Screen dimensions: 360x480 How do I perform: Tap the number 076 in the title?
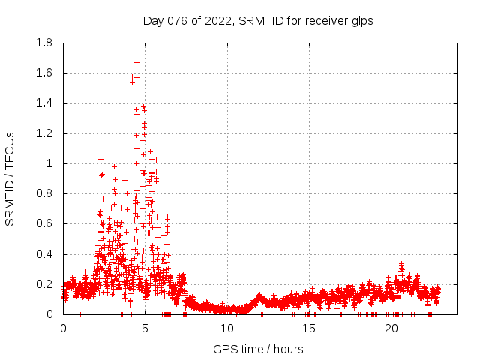[177, 21]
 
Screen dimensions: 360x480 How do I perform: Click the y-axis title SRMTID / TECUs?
[10, 178]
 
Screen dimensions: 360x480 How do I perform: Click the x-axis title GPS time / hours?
[258, 349]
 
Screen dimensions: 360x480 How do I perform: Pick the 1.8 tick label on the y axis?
[44, 43]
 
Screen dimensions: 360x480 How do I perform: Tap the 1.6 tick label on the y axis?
[44, 73]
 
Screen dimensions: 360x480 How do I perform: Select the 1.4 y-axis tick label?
[44, 103]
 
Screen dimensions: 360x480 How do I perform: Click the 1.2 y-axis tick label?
[44, 133]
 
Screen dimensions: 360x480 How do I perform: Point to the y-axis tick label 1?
[51, 163]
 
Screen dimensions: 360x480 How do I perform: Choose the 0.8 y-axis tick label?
[44, 193]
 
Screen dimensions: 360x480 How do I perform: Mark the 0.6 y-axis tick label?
[44, 223]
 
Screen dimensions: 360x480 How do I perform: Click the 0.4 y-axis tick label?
[44, 254]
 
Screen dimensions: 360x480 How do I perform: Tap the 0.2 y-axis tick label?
[44, 284]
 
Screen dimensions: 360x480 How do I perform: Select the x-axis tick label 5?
[145, 328]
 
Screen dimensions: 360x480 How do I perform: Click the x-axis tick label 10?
[227, 328]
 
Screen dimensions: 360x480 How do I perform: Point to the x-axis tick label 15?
[310, 328]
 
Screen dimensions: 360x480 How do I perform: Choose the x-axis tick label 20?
[391, 328]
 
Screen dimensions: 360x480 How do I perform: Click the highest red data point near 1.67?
[136, 62]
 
